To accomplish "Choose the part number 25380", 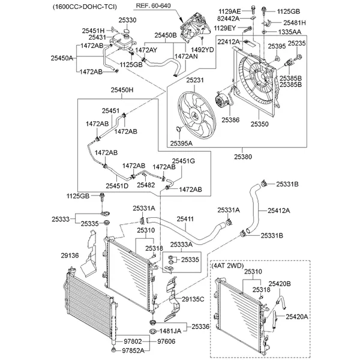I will [242, 157].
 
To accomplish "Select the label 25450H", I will [121, 91].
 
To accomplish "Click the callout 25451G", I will [184, 161].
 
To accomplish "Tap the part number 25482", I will [146, 185].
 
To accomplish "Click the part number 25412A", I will [278, 211].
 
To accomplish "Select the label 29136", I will [70, 256].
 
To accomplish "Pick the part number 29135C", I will [193, 299].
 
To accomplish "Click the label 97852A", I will [135, 350].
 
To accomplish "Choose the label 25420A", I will [296, 316].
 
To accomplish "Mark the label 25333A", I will [181, 244].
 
